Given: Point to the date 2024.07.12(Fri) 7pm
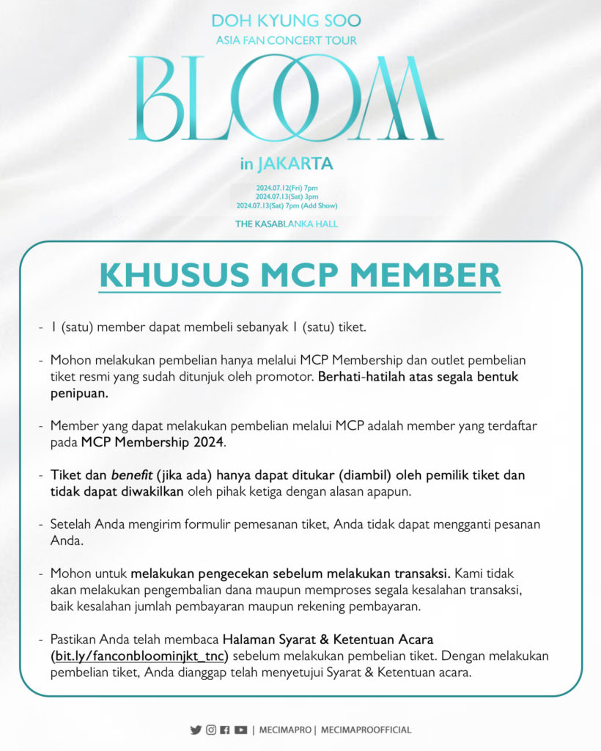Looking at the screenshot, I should pos(287,188).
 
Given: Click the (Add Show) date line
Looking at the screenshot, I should pos(287,206).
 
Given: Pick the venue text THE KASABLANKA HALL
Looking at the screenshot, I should pos(287,224).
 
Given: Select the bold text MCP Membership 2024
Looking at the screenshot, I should pos(154,442).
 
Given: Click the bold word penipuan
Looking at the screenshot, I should pos(78,393).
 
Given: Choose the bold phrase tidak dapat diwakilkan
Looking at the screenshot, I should pos(118,491).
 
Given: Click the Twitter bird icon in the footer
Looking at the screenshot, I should pos(196,730).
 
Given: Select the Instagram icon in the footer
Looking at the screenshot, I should pos(211,730).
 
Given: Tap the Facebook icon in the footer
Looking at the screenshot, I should pos(225,730).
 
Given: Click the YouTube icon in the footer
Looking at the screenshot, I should pos(240,730).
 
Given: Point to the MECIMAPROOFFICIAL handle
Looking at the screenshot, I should pos(366,730).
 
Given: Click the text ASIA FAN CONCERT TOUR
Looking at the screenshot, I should pos(287,40).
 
